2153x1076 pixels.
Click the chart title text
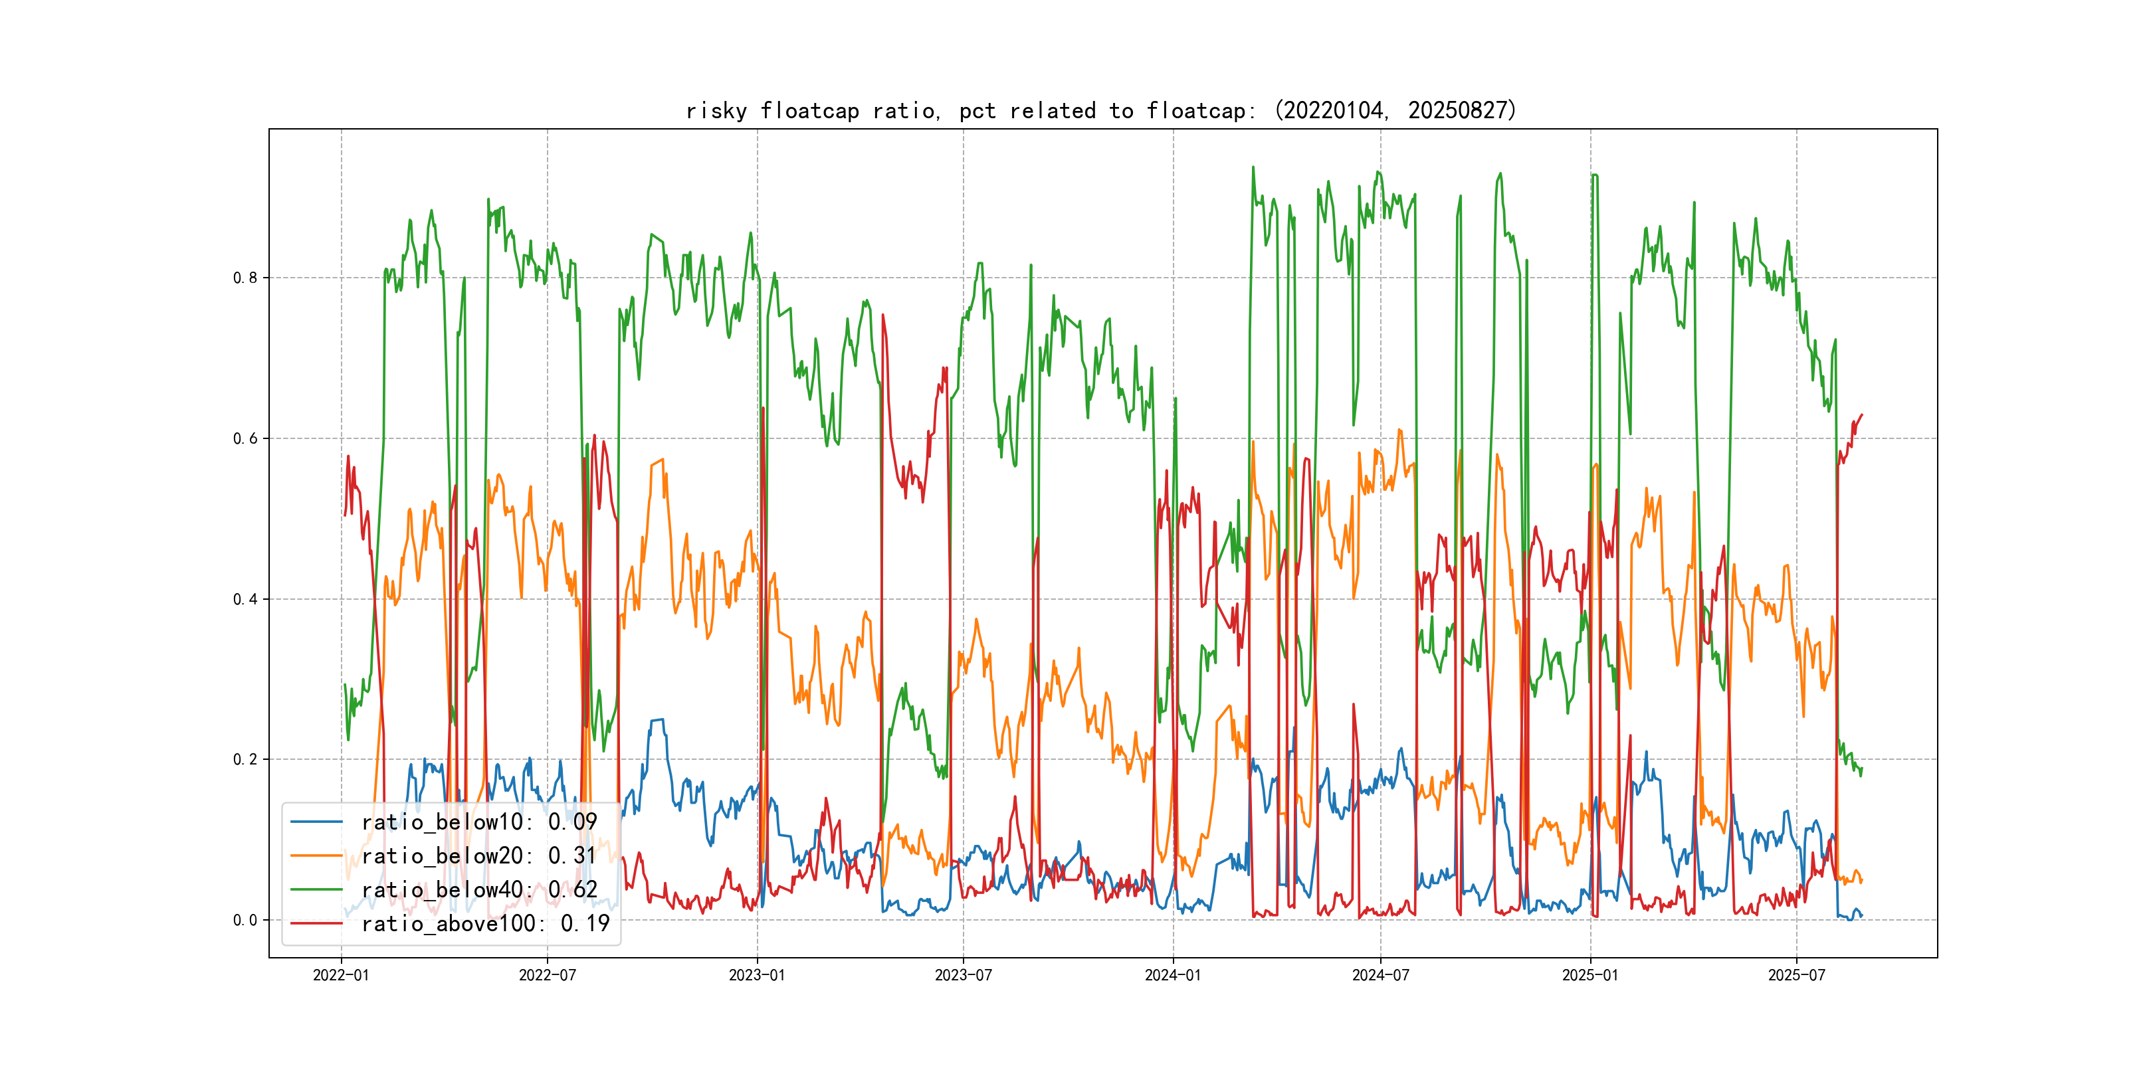[1100, 111]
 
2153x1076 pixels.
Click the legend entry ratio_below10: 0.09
[479, 822]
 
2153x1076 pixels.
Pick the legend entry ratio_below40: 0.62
[479, 890]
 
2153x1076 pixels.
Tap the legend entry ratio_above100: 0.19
[485, 924]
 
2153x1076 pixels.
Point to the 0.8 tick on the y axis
[245, 278]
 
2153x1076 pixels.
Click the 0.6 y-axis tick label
[245, 438]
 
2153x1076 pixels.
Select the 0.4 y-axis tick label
[245, 599]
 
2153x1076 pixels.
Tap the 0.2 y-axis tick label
[245, 759]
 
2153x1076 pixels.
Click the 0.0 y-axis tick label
[245, 921]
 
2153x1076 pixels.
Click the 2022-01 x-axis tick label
[341, 976]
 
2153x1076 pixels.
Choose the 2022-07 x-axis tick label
[548, 976]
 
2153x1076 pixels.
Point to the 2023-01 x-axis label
[758, 976]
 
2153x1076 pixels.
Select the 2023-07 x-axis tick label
[963, 976]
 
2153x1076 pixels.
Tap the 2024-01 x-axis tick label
[1173, 976]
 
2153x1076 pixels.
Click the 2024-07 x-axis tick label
[1380, 976]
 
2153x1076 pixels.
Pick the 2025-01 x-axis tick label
[1589, 976]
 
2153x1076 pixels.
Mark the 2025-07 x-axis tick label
[1796, 976]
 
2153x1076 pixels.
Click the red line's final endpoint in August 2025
[1861, 415]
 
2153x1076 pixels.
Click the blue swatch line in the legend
[317, 822]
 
